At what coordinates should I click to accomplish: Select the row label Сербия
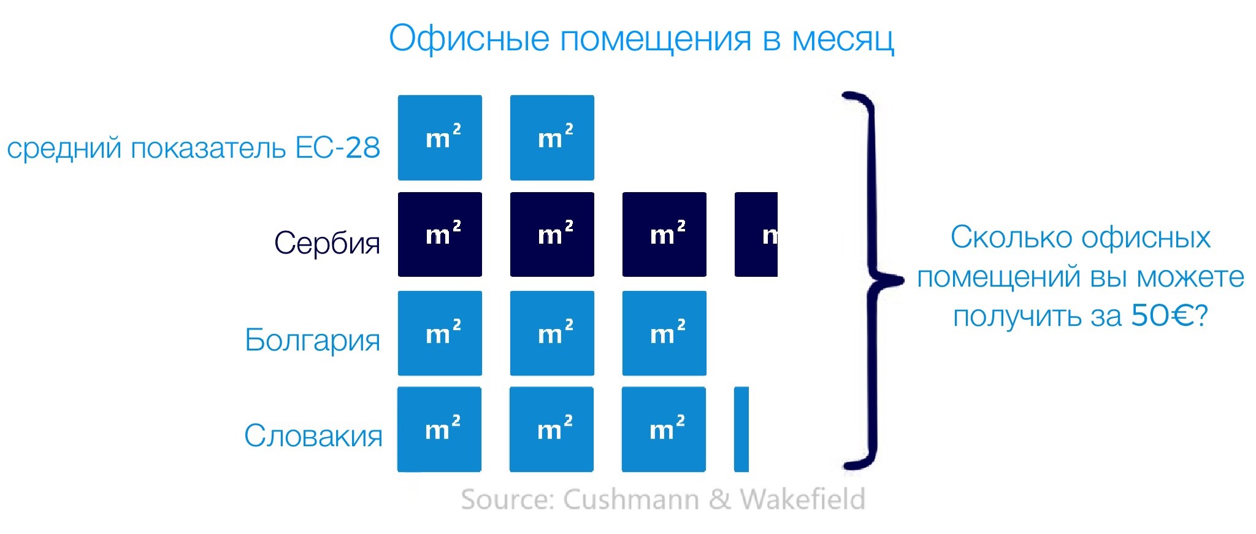[x=327, y=242]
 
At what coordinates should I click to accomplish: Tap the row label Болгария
[x=312, y=339]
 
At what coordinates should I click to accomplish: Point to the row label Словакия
[x=313, y=436]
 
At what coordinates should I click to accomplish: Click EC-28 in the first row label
[x=337, y=147]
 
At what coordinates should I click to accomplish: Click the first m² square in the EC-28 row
[x=440, y=137]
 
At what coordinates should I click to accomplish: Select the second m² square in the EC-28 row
[x=552, y=137]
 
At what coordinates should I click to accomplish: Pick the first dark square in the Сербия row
[x=440, y=234]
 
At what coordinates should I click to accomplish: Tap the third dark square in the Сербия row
[x=664, y=234]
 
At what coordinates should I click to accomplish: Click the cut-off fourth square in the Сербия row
[x=756, y=234]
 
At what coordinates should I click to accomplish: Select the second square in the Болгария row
[x=552, y=333]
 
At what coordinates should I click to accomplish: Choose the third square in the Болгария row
[x=664, y=333]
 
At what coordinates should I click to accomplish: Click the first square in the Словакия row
[x=439, y=429]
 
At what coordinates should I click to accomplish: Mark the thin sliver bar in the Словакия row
[x=741, y=429]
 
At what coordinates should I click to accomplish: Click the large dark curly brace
[x=871, y=280]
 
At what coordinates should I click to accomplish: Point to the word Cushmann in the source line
[x=631, y=499]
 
